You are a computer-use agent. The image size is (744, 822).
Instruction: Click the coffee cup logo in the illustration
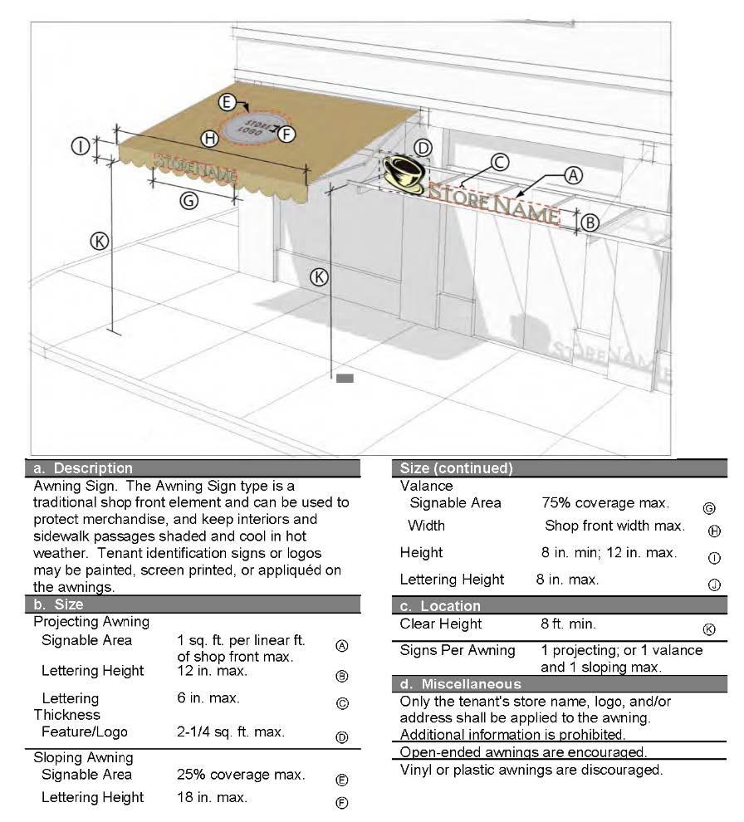[402, 174]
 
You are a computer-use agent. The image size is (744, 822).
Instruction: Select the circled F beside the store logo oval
[286, 132]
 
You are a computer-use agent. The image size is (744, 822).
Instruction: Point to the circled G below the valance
[188, 200]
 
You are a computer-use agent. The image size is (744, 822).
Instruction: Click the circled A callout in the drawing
[572, 175]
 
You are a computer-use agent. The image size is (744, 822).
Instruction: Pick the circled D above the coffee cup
[423, 148]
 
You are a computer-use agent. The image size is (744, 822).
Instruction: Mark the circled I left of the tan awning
[81, 147]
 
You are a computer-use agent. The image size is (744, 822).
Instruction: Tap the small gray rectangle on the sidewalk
[345, 379]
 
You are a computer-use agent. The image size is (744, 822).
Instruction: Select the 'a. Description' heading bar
[196, 468]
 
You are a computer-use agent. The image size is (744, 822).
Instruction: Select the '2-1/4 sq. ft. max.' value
[231, 732]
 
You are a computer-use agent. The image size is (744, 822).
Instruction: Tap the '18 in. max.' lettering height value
[212, 798]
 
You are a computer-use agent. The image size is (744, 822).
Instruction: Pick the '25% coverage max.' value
[241, 776]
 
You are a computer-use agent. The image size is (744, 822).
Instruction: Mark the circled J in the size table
[713, 585]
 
